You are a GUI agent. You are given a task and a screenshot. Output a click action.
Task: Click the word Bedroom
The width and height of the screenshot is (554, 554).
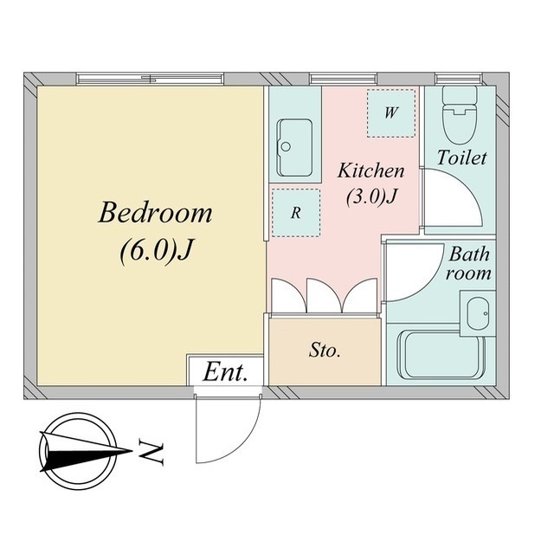point(155,213)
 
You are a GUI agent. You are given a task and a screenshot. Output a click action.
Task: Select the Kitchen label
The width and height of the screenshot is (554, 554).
point(371,171)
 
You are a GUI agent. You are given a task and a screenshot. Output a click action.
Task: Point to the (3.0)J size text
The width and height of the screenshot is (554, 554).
point(372,196)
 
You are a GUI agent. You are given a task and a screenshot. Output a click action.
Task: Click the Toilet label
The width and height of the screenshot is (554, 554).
point(461,158)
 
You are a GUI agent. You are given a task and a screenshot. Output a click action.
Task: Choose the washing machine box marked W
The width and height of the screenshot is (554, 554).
point(390,113)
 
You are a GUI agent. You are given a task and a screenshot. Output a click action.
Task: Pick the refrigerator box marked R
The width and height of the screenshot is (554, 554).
point(296,213)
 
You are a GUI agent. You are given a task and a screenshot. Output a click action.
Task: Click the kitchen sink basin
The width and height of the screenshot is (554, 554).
point(294,148)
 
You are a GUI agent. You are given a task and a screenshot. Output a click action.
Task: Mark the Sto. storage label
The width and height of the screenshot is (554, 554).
point(325,350)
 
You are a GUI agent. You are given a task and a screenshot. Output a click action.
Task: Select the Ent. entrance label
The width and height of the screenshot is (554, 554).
point(225,372)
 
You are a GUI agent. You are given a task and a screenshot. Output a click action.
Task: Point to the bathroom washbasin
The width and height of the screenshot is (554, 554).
point(478,313)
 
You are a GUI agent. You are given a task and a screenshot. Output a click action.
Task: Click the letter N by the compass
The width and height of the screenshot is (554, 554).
point(151,453)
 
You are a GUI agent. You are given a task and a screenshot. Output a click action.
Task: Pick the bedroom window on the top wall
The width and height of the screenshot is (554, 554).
point(151,79)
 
